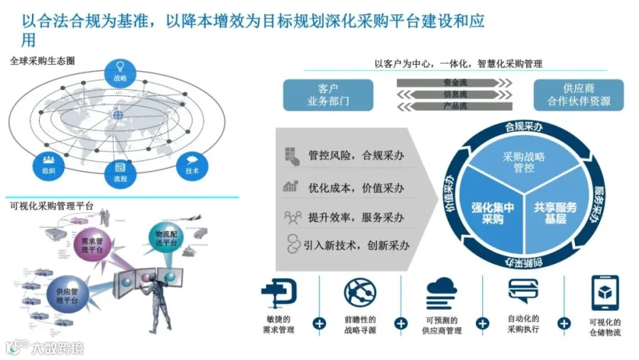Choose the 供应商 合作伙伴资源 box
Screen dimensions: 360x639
tap(578, 95)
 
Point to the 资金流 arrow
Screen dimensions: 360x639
tap(454, 82)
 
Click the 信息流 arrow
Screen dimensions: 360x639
tap(454, 94)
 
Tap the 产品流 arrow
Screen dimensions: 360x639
tap(454, 107)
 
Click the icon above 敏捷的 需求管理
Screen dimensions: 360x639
tap(278, 293)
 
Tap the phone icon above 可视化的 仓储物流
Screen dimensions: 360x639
tap(604, 293)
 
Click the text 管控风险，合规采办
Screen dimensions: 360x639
tap(356, 156)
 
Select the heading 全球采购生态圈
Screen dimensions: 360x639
tap(43, 61)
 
